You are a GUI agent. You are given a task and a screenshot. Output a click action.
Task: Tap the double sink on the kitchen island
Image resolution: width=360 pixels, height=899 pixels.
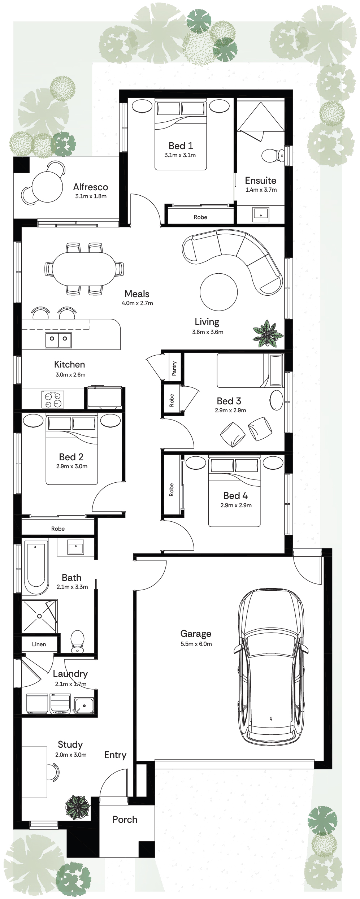(x=58, y=339)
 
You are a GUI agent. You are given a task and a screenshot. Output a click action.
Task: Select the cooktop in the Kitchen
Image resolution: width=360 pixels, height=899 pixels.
(x=53, y=399)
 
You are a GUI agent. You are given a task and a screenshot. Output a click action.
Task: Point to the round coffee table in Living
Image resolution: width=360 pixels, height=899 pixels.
(x=218, y=292)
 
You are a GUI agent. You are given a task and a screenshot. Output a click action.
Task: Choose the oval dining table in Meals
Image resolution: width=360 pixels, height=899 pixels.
(x=84, y=268)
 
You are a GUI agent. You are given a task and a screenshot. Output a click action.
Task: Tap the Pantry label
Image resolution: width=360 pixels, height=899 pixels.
(x=174, y=369)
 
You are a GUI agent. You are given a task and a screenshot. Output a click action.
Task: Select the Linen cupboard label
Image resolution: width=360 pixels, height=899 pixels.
(x=39, y=644)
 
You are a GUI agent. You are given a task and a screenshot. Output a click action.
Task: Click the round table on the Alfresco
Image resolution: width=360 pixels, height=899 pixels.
(x=47, y=186)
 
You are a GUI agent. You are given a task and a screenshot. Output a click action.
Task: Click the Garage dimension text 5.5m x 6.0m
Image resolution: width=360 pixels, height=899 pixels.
(x=196, y=644)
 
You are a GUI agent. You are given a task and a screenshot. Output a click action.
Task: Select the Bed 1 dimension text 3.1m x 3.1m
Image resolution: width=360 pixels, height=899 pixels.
(x=180, y=155)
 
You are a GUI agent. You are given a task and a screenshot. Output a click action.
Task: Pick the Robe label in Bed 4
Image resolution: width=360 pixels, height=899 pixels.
(x=172, y=490)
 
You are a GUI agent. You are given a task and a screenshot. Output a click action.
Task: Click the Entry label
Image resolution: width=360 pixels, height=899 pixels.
(x=115, y=755)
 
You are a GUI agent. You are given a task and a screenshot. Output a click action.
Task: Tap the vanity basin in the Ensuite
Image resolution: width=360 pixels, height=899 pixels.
(x=260, y=213)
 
